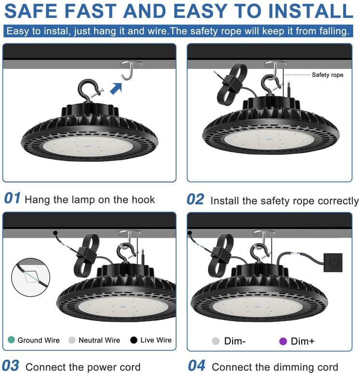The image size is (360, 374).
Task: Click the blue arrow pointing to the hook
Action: point(116,88)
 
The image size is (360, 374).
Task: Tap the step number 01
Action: point(13,198)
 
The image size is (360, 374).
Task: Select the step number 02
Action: point(195,200)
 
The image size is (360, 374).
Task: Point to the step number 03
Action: point(11,366)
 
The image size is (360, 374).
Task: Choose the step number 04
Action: point(196,366)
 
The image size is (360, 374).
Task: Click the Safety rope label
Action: point(328,75)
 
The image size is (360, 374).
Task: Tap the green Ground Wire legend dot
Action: point(11,340)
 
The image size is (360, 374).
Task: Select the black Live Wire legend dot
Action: point(134,340)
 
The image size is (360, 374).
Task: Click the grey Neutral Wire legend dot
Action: point(72,340)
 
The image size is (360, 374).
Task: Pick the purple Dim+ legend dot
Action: point(283,341)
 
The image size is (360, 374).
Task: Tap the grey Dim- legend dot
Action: point(215,341)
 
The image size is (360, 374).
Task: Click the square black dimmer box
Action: point(333,262)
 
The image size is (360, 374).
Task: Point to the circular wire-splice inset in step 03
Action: point(31,277)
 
